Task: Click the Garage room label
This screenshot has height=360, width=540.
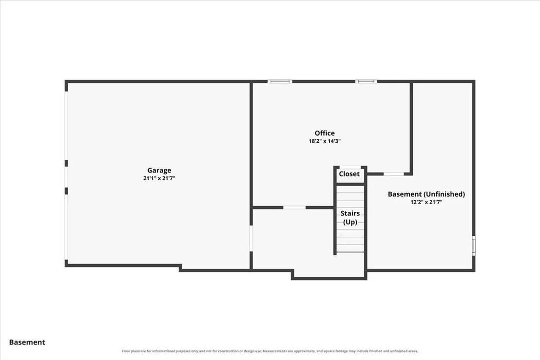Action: pos(159,171)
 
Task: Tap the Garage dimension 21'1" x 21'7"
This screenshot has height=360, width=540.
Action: pos(159,178)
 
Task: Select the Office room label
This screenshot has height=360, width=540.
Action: pos(325,133)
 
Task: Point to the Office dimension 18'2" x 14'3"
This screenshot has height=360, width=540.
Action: pos(325,141)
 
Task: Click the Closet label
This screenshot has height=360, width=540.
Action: pos(349,174)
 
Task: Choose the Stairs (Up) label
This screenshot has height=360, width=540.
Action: pos(350,218)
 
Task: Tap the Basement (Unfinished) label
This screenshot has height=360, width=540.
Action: pos(426,194)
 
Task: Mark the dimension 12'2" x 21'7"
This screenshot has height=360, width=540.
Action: pos(426,202)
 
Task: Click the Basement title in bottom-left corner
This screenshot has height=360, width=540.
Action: pos(27,342)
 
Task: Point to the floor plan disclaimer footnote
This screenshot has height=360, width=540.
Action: pos(270,351)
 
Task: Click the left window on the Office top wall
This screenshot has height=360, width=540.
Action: pos(280,81)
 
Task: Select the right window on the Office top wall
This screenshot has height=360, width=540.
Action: pos(366,81)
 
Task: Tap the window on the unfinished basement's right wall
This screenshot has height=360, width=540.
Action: pos(474,246)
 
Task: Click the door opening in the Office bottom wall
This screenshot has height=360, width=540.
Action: pos(294,208)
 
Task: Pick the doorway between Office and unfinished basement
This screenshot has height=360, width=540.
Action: pos(394,174)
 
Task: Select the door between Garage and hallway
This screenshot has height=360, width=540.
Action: pos(251,238)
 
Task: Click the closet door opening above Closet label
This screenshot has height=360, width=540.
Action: pos(350,168)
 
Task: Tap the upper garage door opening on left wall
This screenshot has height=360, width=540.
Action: pos(66,125)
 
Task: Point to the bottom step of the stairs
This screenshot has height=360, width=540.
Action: pos(350,248)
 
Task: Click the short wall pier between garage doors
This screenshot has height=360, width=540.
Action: pos(66,163)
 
